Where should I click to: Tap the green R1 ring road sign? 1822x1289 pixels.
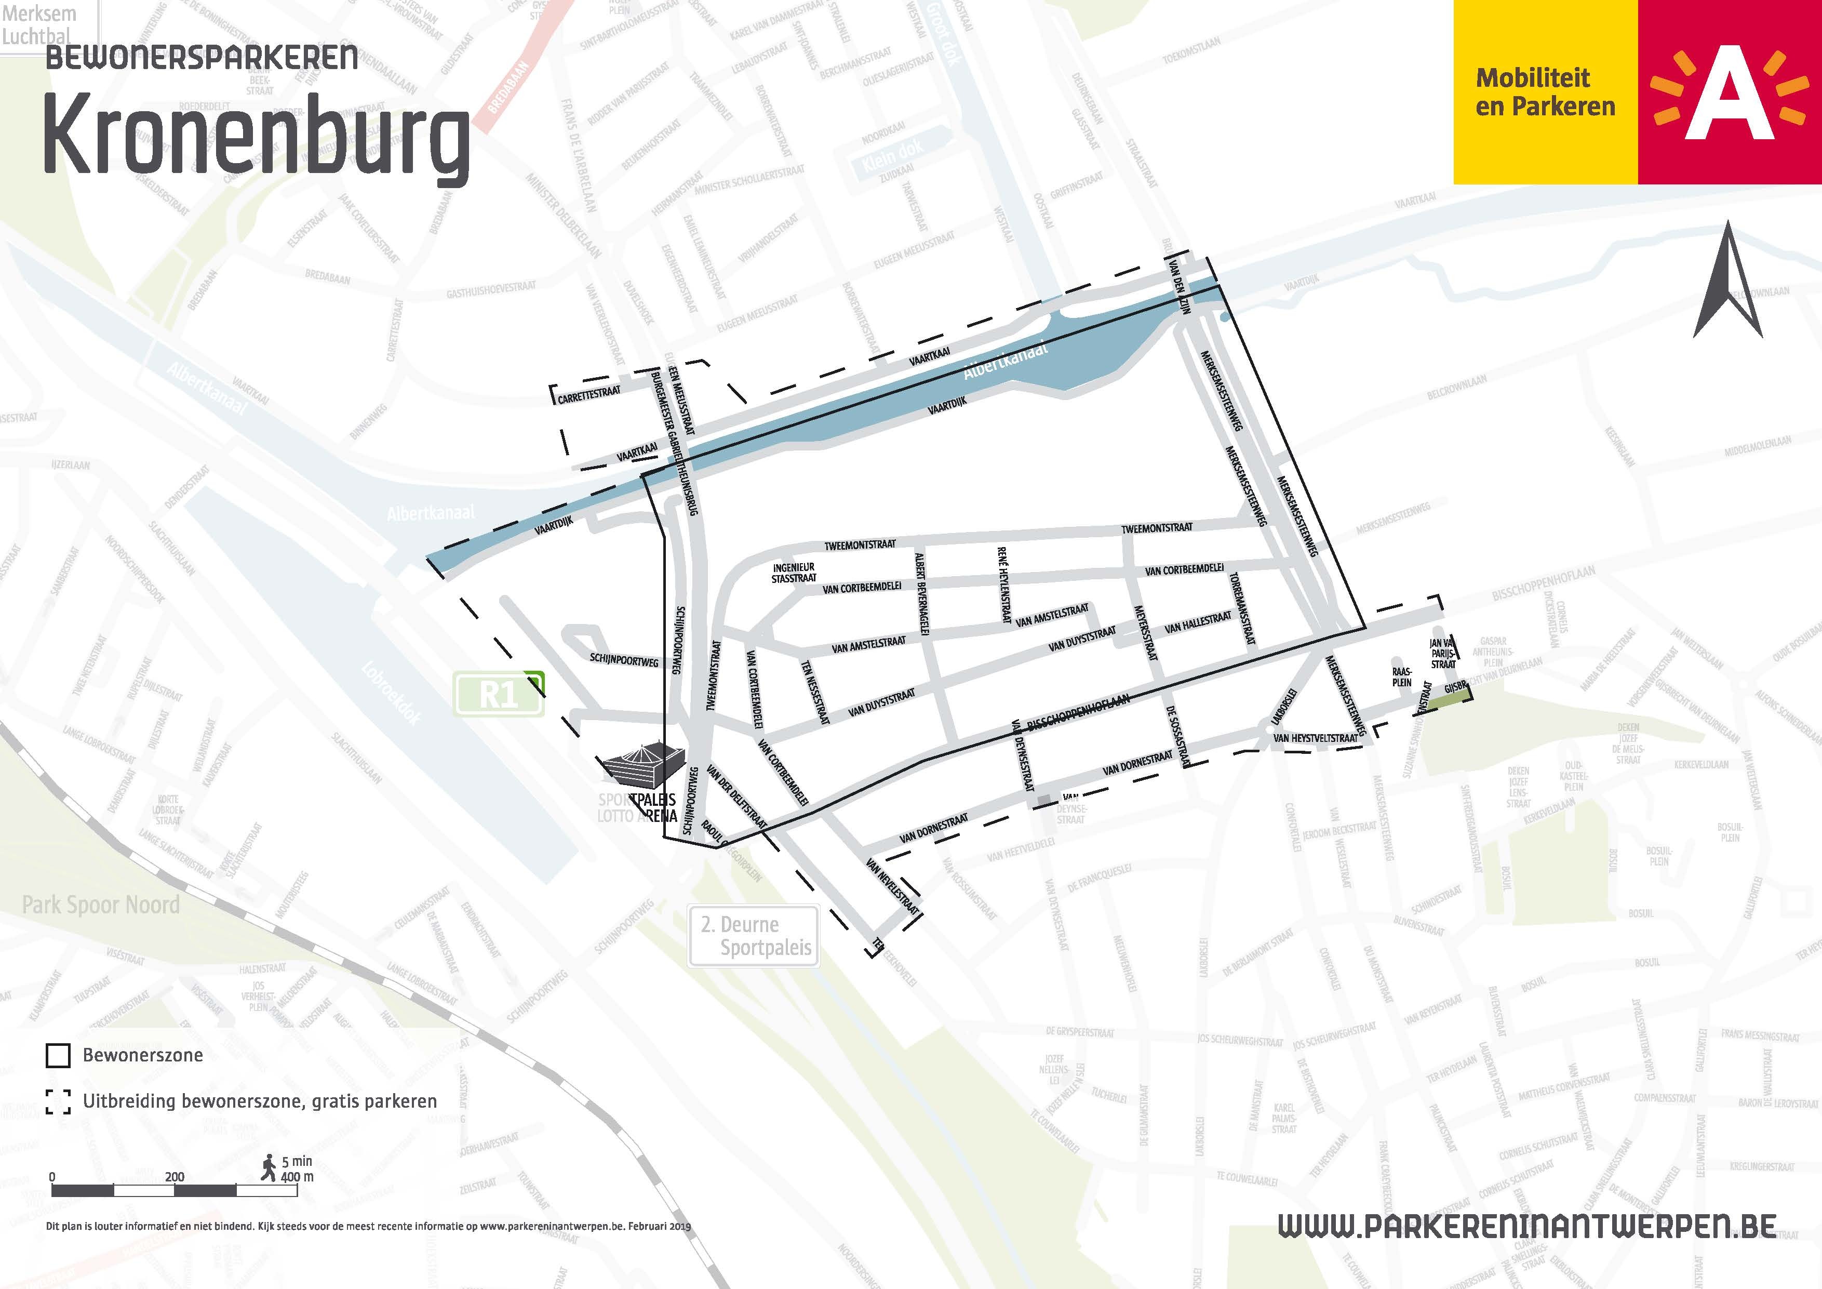pos(499,695)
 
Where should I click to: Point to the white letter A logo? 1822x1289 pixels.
pos(1730,93)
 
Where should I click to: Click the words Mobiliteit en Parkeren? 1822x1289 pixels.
pos(1544,92)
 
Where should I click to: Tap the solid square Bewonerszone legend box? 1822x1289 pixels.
pos(58,1056)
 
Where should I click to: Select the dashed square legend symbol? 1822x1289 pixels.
pos(58,1101)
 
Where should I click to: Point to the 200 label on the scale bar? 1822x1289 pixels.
pos(175,1176)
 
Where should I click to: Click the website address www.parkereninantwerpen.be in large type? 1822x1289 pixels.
pos(1527,1226)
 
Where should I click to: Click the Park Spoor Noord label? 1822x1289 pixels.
pos(101,905)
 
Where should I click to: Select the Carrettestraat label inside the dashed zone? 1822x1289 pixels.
pos(589,394)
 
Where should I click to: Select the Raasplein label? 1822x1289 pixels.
pos(1401,677)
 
